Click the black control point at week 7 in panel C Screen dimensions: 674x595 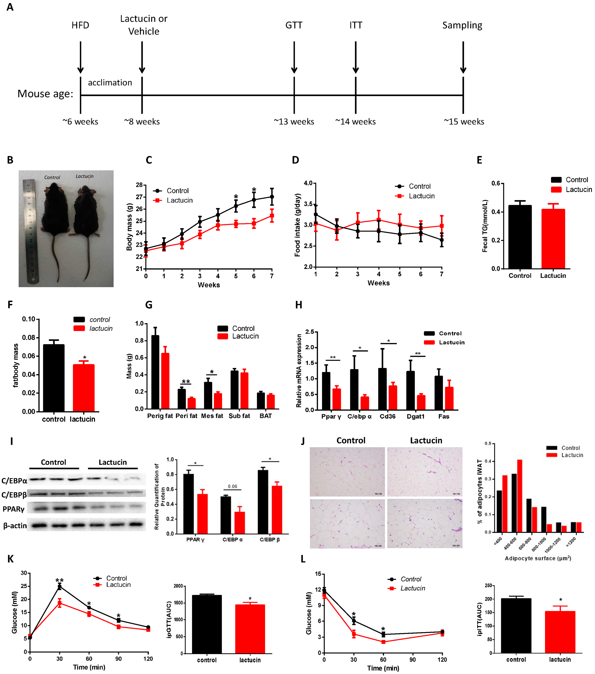click(272, 197)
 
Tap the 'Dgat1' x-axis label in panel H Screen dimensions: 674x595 click(415, 417)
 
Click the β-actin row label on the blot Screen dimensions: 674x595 click(15, 526)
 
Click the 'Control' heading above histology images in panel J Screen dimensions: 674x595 click(351, 441)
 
